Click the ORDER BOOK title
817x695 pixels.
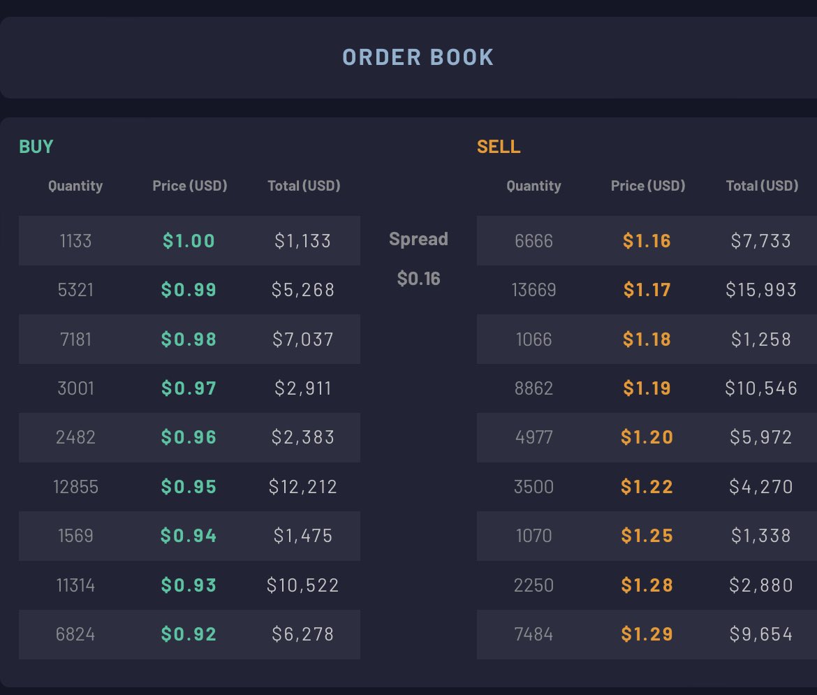418,57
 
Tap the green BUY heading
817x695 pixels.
36,147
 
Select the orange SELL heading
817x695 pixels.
499,147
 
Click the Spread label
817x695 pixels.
418,240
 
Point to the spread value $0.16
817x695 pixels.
418,279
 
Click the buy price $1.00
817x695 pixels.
189,241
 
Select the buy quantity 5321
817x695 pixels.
75,290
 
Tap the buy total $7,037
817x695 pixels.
303,339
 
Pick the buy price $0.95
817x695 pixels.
189,487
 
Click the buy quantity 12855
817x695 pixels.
75,487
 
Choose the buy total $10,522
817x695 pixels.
303,585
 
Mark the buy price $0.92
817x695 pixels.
189,634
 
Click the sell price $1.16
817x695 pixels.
647,241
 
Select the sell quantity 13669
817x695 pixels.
533,290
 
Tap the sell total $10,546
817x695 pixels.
760,388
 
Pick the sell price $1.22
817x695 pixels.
647,487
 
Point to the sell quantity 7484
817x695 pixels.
533,634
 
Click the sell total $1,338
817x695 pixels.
760,536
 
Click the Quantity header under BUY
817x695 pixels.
75,186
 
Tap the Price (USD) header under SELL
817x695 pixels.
647,186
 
